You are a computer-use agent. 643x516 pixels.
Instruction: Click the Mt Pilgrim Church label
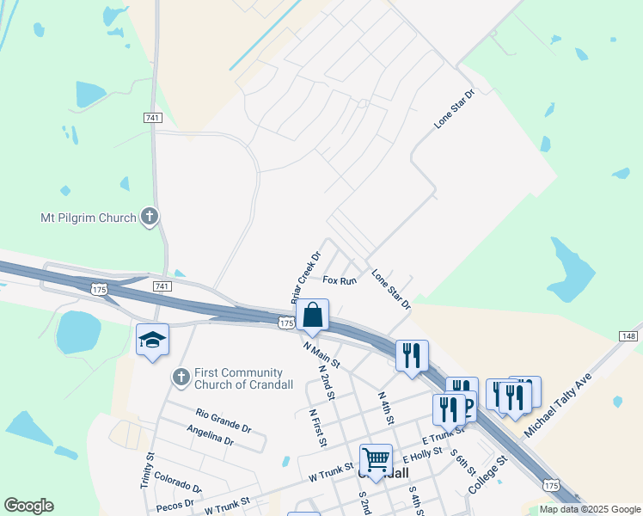(89, 218)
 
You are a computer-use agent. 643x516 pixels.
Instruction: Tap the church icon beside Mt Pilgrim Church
(150, 217)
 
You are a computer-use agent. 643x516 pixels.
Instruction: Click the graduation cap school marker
(152, 341)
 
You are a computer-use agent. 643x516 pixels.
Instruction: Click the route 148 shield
(628, 335)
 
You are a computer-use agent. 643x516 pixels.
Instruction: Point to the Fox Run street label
(340, 280)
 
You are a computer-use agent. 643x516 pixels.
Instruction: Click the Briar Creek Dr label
(305, 276)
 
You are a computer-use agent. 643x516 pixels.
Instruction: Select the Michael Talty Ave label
(559, 402)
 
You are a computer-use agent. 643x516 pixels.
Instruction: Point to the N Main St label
(322, 353)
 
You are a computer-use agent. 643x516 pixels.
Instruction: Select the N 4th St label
(385, 408)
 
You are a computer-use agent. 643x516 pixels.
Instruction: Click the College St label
(488, 474)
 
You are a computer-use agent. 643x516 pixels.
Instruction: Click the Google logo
(28, 506)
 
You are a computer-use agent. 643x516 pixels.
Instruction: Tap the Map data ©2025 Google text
(591, 509)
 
